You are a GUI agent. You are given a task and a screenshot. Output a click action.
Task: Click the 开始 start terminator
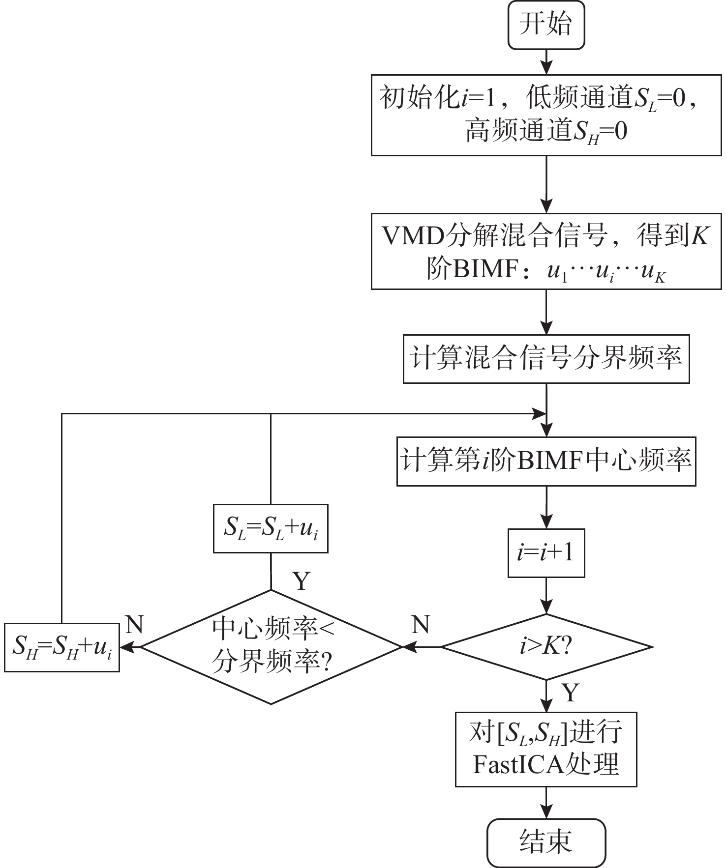pyautogui.click(x=546, y=25)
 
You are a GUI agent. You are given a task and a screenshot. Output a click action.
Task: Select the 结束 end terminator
pyautogui.click(x=546, y=842)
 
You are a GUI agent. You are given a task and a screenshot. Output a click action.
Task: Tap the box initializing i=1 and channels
pyautogui.click(x=546, y=115)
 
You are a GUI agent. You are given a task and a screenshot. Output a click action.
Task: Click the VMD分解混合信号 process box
pyautogui.click(x=546, y=251)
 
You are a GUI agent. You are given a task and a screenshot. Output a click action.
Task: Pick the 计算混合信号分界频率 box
pyautogui.click(x=546, y=359)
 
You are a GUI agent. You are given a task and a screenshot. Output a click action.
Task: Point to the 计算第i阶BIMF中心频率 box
pyautogui.click(x=546, y=461)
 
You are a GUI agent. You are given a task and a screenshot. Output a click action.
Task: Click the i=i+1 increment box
pyautogui.click(x=546, y=552)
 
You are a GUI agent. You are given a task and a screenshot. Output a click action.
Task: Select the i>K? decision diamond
pyautogui.click(x=546, y=647)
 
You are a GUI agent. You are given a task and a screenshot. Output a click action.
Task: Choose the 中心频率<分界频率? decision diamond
pyautogui.click(x=271, y=647)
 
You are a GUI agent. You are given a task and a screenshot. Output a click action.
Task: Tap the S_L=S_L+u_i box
pyautogui.click(x=271, y=528)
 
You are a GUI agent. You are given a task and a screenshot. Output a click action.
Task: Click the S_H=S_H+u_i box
pyautogui.click(x=62, y=647)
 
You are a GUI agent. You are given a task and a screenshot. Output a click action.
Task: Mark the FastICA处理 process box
pyautogui.click(x=546, y=749)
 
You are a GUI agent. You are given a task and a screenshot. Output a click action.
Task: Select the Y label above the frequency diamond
pyautogui.click(x=302, y=581)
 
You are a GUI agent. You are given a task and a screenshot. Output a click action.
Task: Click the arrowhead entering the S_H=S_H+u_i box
pyautogui.click(x=126, y=647)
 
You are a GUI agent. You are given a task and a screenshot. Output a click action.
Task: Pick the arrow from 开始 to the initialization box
pyautogui.click(x=546, y=62)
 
